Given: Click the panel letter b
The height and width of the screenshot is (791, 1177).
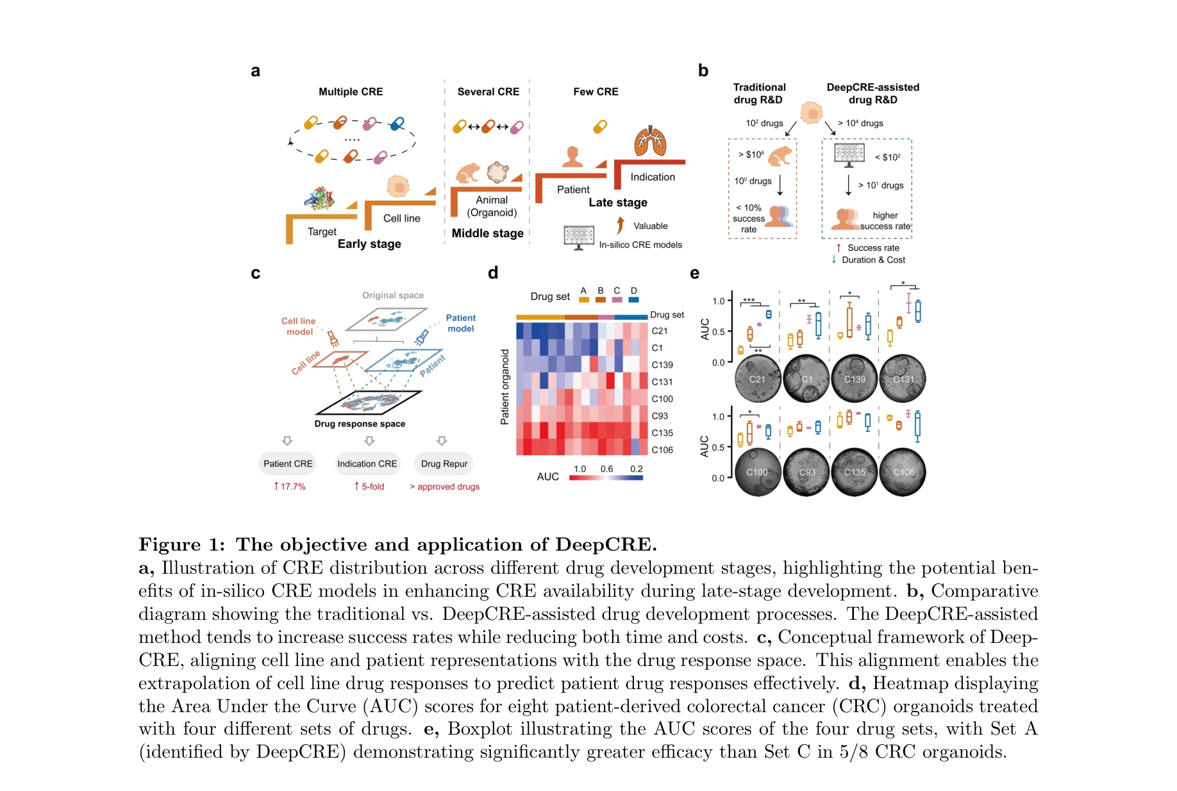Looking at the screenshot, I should [x=703, y=71].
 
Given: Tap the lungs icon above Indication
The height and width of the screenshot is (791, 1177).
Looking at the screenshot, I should [x=650, y=142].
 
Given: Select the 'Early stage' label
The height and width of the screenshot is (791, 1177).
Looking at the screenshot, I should [x=369, y=244].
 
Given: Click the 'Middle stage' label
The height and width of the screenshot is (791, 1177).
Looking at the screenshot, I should [x=487, y=233].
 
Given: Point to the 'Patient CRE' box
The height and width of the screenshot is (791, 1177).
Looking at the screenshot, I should [x=288, y=463].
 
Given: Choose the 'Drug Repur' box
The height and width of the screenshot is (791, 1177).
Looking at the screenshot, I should [x=444, y=463].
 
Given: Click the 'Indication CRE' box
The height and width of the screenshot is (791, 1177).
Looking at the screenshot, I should [x=367, y=463].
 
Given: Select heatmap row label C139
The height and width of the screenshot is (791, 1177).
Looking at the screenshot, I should [x=662, y=365].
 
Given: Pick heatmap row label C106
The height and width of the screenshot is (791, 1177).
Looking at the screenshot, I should [x=662, y=450].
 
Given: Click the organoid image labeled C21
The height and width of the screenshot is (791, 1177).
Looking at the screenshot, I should [x=757, y=379].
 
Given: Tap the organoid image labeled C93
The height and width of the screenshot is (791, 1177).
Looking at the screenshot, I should [x=806, y=472].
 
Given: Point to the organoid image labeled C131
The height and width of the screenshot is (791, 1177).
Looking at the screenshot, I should [x=903, y=379].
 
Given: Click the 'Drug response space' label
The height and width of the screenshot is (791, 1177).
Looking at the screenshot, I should [x=360, y=424].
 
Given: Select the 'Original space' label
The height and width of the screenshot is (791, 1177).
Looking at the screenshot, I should [x=393, y=296].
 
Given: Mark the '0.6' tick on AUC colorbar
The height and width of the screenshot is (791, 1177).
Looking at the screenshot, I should [x=606, y=469].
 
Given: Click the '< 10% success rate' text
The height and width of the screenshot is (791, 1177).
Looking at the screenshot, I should [x=749, y=219].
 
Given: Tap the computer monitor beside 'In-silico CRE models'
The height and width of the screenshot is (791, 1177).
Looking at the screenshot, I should [x=579, y=237].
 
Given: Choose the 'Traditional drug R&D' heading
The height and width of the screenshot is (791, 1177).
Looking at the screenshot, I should [x=759, y=94].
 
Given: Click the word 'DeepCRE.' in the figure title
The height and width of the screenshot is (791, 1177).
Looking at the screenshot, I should [x=606, y=544].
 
